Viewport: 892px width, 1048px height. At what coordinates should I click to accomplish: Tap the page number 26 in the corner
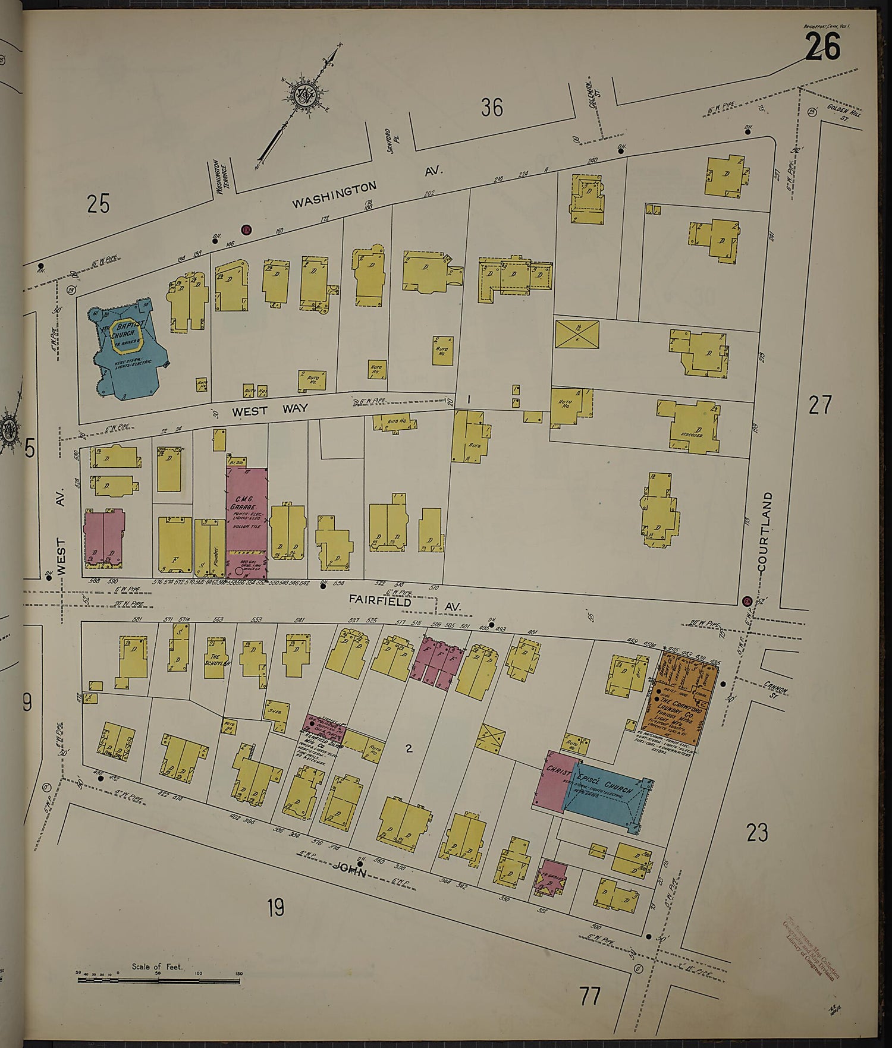823,47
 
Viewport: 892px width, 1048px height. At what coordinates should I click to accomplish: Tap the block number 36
492,108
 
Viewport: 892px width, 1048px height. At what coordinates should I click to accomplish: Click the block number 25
99,204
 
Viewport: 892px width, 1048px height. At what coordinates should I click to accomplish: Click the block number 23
757,832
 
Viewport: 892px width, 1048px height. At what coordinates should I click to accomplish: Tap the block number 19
275,908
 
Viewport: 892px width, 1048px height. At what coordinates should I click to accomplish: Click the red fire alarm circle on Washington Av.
246,229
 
